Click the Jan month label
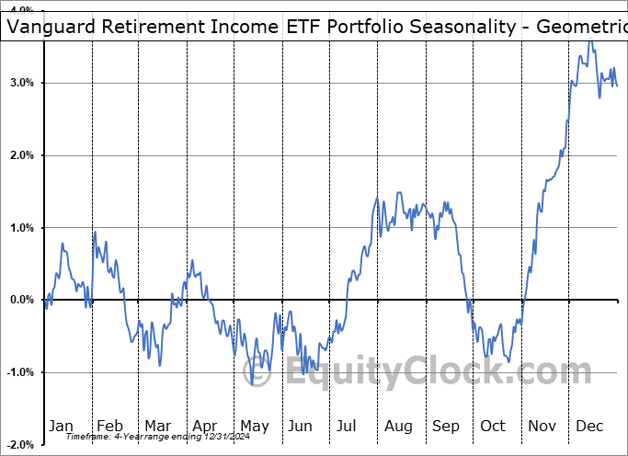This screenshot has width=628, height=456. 61,426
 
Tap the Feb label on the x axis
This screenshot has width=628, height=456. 109,426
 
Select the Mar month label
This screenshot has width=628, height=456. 157,426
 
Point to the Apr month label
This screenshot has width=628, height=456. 205,426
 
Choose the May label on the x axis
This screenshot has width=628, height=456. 254,426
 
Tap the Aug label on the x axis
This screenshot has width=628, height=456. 398,426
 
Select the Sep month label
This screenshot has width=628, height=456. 446,426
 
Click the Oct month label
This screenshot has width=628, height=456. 494,426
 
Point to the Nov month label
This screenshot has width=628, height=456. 542,426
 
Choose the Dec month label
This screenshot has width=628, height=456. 590,426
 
